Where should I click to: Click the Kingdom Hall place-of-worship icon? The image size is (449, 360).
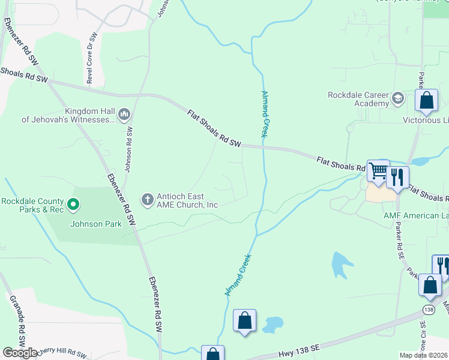tap(125, 114)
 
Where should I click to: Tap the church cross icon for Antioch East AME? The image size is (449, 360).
tap(148, 199)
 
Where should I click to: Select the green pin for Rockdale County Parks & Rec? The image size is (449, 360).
tap(73, 206)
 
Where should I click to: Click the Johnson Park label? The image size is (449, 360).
tap(96, 224)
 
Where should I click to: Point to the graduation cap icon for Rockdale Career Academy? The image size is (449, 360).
tap(397, 98)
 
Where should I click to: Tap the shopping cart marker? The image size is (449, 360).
tap(378, 171)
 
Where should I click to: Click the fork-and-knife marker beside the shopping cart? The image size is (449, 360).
tap(397, 177)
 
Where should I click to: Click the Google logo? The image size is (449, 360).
tap(20, 353)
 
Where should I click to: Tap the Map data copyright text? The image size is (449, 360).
tap(423, 355)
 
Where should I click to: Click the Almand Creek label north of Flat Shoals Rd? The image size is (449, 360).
tap(264, 114)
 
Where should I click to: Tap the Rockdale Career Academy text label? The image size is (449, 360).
tap(358, 99)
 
